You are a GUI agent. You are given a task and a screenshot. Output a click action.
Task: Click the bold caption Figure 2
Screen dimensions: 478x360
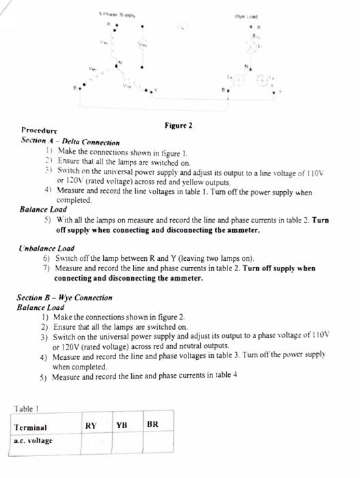[x=178, y=126]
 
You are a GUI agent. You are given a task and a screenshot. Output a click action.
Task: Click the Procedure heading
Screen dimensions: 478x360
[x=39, y=130]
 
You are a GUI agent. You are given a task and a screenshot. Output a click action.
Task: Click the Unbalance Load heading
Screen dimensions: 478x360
[x=46, y=249]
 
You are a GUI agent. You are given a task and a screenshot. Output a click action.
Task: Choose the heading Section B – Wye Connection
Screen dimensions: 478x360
[x=64, y=298]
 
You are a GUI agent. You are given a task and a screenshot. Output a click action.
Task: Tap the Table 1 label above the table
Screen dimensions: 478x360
[x=27, y=408]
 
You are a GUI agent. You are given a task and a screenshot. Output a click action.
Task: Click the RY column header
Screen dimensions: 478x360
[x=91, y=424]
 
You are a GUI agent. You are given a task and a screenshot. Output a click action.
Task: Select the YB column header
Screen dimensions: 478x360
[x=122, y=424]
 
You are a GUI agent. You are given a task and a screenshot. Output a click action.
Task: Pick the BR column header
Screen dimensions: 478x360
[x=153, y=424]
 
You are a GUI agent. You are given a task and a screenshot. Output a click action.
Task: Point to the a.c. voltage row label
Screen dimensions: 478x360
[x=33, y=441]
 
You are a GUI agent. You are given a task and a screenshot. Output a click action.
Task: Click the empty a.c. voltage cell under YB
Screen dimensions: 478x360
[x=128, y=443]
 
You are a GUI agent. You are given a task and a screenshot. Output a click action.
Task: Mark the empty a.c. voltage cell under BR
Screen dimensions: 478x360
[x=158, y=443]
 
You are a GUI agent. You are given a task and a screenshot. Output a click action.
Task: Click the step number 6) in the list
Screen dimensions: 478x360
[x=46, y=259]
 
